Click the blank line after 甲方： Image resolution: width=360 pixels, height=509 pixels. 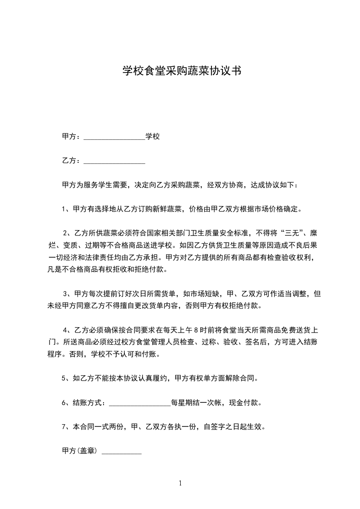pyautogui.click(x=114, y=137)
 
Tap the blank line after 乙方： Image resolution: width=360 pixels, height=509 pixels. pyautogui.click(x=114, y=162)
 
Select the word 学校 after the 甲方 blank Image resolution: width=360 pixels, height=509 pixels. pyautogui.click(x=153, y=136)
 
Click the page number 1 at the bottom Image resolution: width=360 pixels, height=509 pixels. pyautogui.click(x=180, y=483)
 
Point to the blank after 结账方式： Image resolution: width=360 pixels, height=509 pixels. pyautogui.click(x=140, y=403)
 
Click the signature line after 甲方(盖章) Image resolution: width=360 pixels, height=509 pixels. pyautogui.click(x=122, y=452)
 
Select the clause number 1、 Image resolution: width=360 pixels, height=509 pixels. pyautogui.click(x=65, y=210)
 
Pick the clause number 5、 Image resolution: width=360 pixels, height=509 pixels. pyautogui.click(x=65, y=378)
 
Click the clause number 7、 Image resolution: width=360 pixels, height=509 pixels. pyautogui.click(x=65, y=427)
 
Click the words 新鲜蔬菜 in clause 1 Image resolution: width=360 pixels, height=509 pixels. pyautogui.click(x=168, y=210)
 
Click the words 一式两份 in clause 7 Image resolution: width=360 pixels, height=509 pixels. pyautogui.click(x=109, y=427)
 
